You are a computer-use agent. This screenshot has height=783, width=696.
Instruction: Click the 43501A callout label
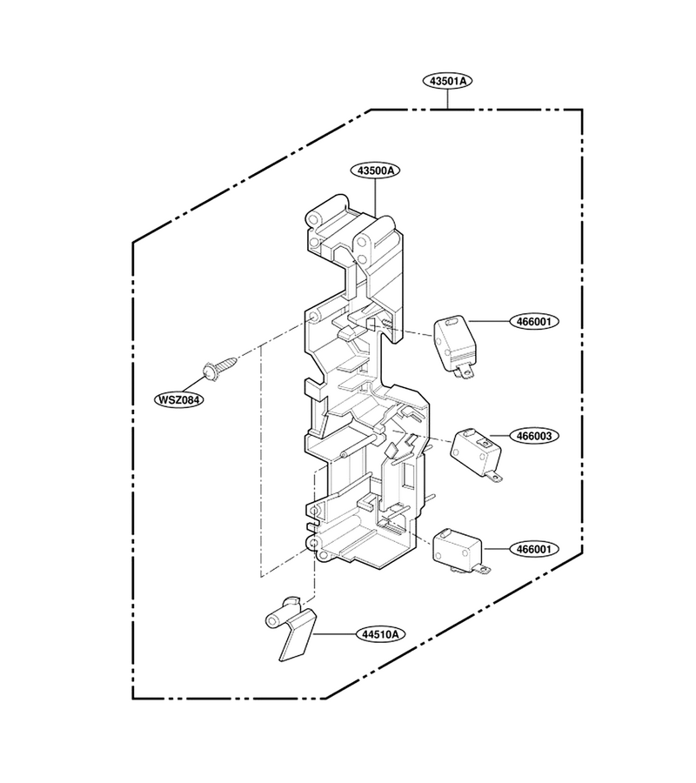click(447, 80)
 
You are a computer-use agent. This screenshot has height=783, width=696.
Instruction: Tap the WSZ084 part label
click(178, 399)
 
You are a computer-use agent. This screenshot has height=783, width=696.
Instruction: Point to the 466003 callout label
click(533, 436)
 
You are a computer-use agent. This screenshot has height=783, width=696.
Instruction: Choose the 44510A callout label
click(380, 634)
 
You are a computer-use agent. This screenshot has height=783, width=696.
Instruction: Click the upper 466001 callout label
click(533, 322)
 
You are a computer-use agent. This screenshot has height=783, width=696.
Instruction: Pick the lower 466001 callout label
click(533, 549)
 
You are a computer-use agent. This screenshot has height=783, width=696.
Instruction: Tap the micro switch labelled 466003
click(476, 454)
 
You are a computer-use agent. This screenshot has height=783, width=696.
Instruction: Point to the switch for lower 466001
click(458, 551)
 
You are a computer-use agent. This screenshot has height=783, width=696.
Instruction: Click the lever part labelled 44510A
click(290, 627)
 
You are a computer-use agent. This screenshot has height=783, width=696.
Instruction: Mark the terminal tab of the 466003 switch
click(494, 478)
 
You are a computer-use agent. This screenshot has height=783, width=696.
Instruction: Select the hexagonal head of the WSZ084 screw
click(209, 372)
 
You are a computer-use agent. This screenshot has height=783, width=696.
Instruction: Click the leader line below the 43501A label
click(447, 98)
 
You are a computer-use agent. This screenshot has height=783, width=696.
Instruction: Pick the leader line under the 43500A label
click(376, 197)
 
